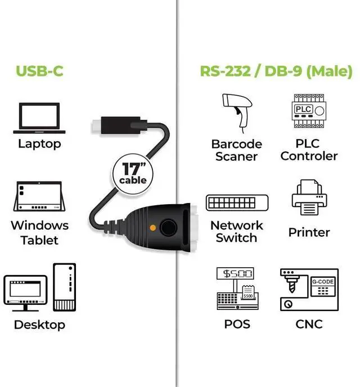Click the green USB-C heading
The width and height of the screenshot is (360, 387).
[39, 71]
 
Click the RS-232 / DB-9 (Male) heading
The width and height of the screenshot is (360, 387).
[276, 71]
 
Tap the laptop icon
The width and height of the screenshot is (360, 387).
[39, 118]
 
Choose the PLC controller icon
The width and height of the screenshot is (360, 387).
[308, 112]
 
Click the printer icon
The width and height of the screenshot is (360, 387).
[308, 197]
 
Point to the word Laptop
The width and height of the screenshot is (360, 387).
[39, 143]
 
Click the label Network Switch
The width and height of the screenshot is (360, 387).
[237, 231]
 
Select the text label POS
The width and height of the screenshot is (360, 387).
[237, 325]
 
